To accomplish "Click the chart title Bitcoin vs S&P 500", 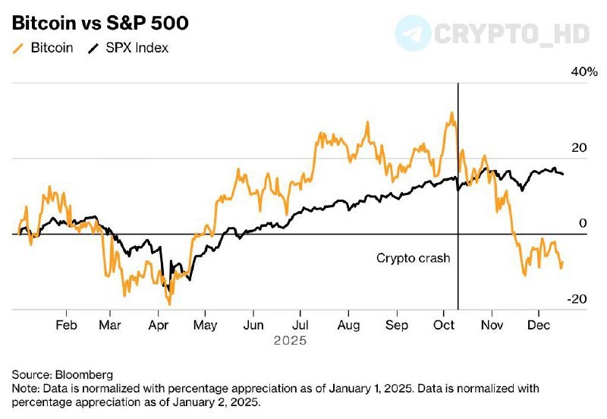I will pos(99,24).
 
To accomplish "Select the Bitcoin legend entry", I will pos(52,49).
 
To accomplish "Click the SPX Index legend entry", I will pos(137,49).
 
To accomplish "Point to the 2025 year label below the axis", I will pos(291,341).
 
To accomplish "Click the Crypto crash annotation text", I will pos(414,258).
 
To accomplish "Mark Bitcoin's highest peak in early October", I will pos(452,113).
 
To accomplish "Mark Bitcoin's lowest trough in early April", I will pos(169,304).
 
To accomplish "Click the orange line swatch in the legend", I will pos(18,49).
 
